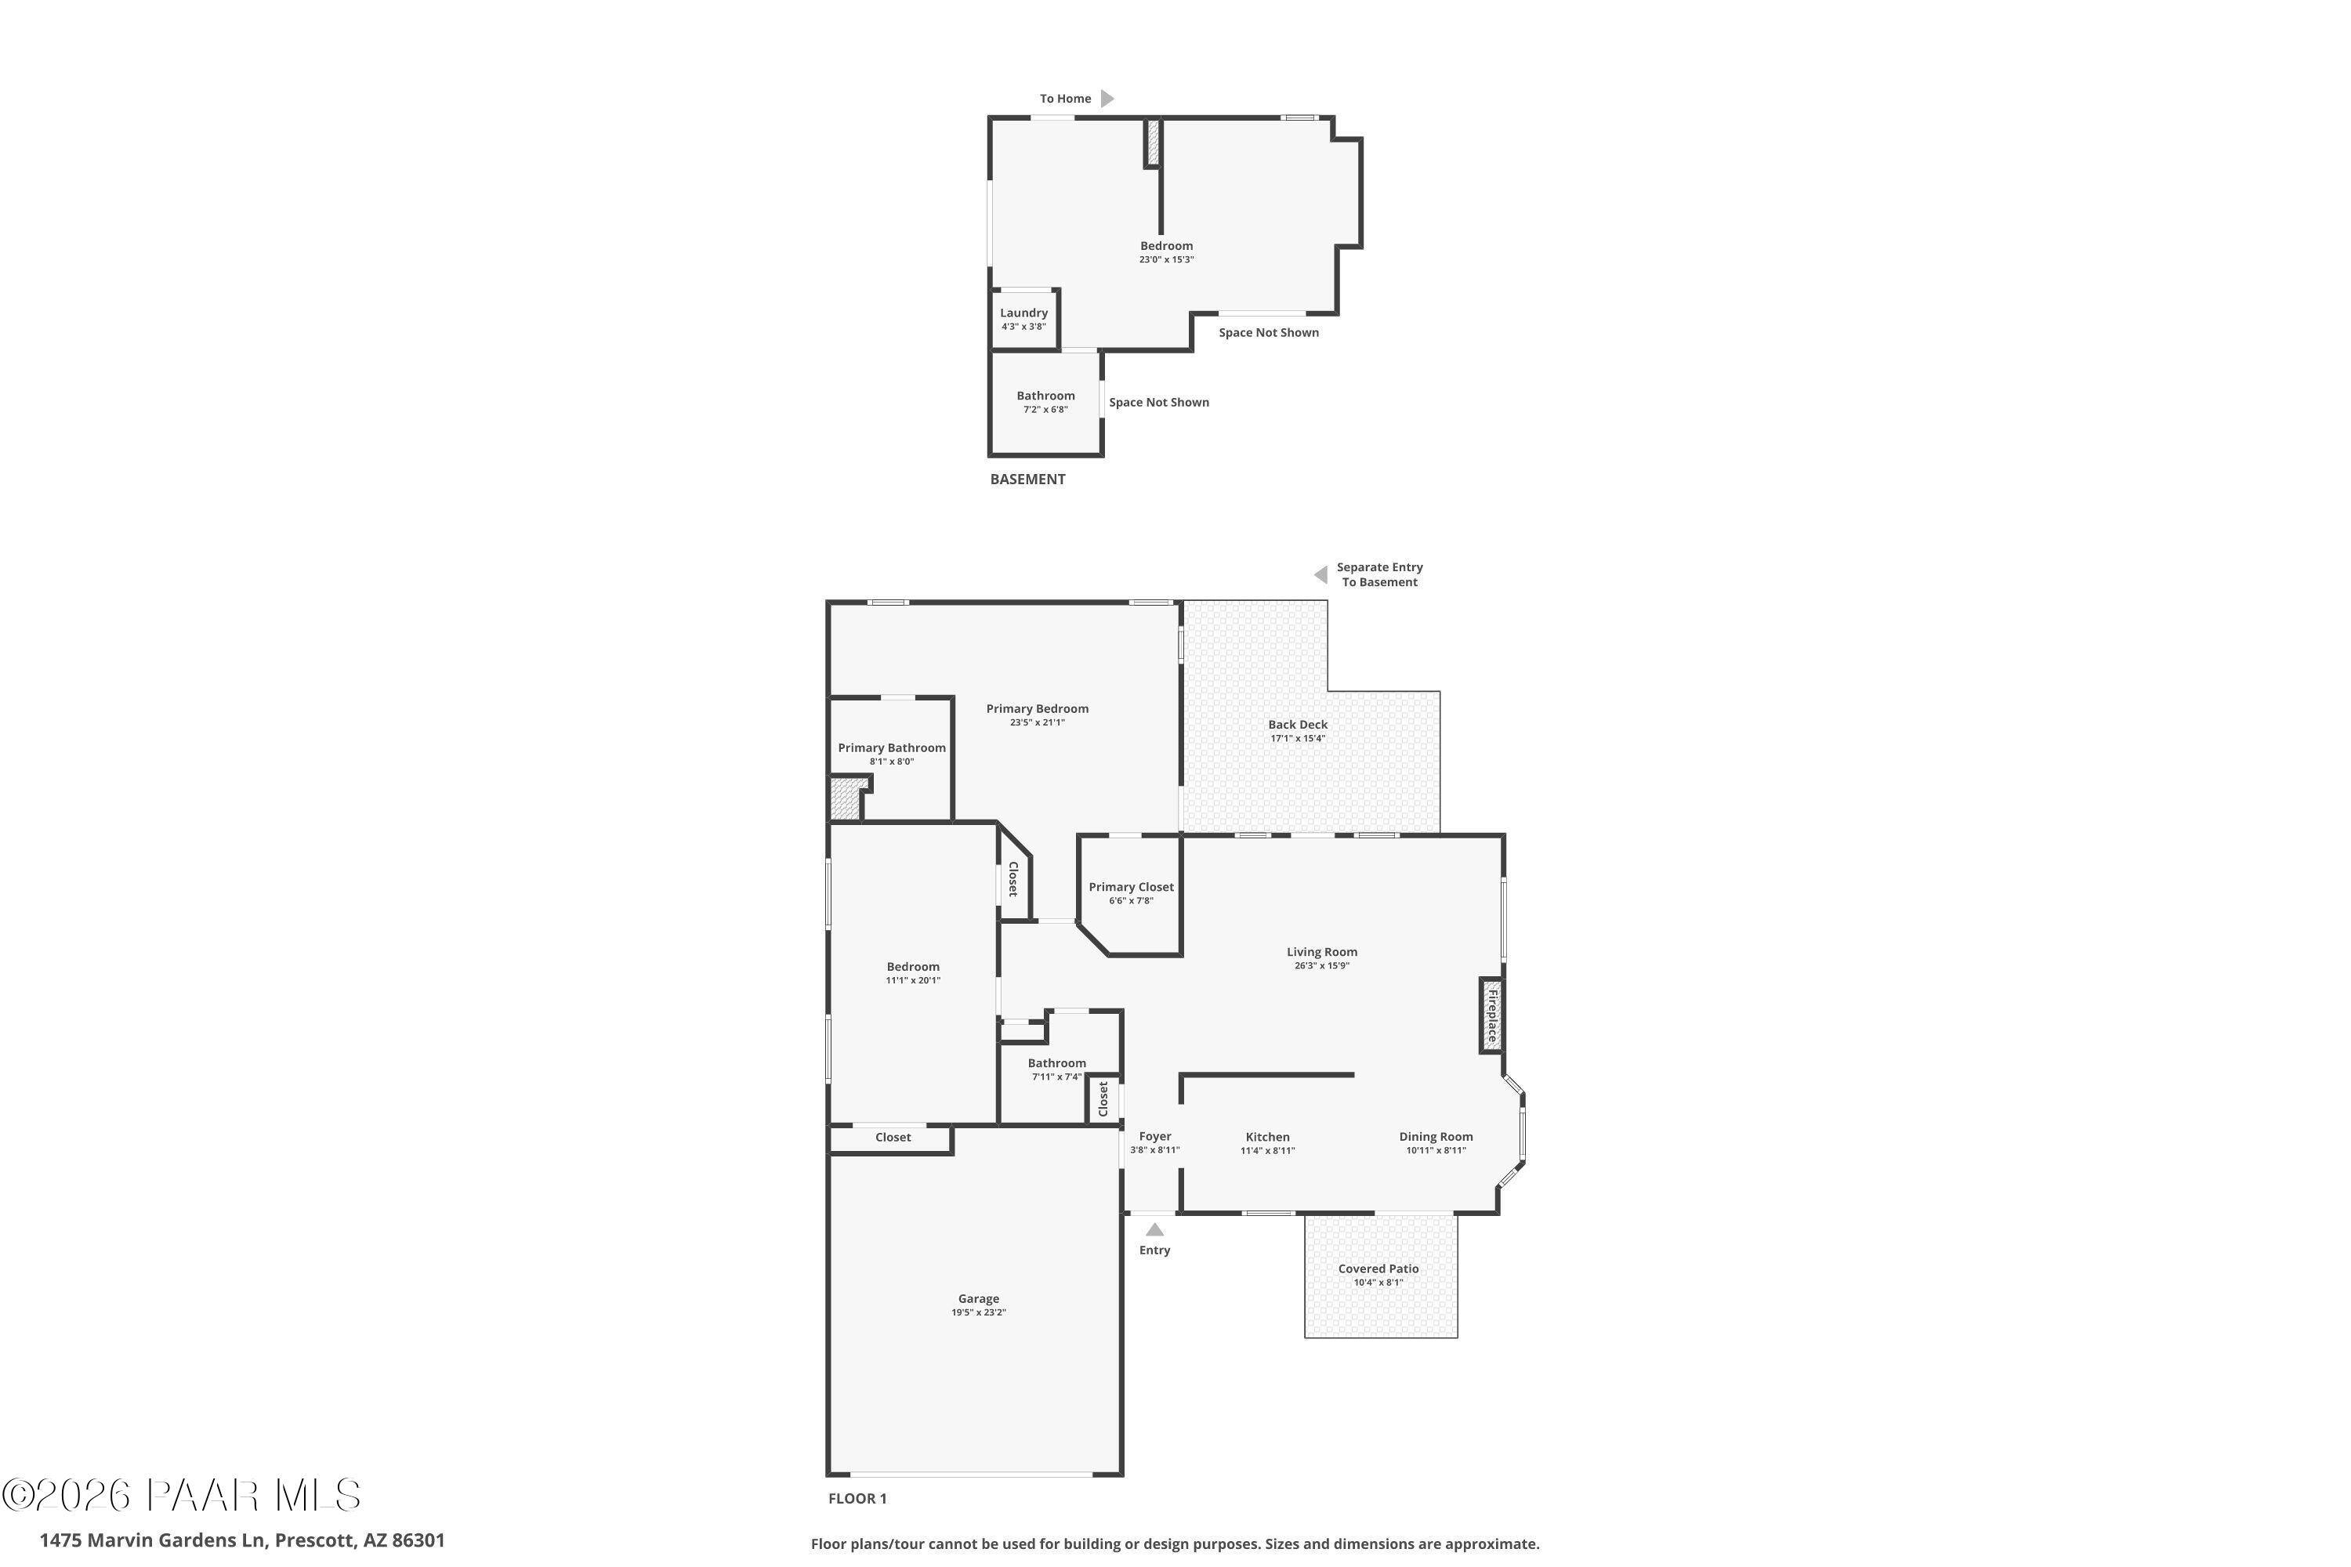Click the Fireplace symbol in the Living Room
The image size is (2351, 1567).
click(x=1491, y=1015)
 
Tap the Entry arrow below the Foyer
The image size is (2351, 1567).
click(x=1154, y=1230)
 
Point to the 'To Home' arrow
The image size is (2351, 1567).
click(x=1107, y=99)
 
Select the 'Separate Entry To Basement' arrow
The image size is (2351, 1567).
click(x=1320, y=574)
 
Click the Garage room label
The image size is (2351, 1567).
click(x=979, y=1299)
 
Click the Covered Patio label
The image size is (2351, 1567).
click(x=1378, y=1269)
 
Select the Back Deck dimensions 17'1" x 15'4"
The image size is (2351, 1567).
click(x=1298, y=739)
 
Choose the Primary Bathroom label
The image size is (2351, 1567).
click(x=892, y=748)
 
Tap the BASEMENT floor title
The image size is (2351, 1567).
click(x=1027, y=480)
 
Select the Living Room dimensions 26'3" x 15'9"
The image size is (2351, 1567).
click(x=1321, y=966)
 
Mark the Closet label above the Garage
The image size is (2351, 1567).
click(x=893, y=1138)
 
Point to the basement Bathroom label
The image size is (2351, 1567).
click(x=1045, y=396)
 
